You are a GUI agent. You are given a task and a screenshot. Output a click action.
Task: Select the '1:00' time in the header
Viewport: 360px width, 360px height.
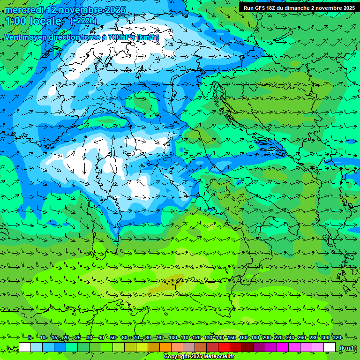[15, 21]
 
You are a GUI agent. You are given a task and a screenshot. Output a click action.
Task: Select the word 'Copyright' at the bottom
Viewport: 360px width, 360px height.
[177, 357]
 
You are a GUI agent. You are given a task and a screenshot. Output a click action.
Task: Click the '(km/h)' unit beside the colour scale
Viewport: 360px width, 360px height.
[348, 347]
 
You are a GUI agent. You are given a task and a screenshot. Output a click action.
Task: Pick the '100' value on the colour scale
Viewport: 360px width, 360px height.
[173, 338]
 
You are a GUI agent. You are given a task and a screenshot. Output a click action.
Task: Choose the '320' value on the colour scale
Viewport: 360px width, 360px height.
[337, 338]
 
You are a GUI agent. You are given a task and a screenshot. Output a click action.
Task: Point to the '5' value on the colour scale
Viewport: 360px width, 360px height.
[30, 338]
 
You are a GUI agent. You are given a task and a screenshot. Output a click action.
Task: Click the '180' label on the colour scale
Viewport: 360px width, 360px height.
[255, 338]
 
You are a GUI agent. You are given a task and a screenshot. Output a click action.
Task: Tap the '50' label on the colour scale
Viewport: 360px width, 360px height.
[113, 338]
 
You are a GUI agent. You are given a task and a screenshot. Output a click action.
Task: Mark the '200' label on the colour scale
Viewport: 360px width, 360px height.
[267, 338]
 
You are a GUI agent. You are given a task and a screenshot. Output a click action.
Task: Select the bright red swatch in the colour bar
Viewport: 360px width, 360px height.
[224, 347]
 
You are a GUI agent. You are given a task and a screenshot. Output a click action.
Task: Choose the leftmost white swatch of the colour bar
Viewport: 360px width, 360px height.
[25, 347]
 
